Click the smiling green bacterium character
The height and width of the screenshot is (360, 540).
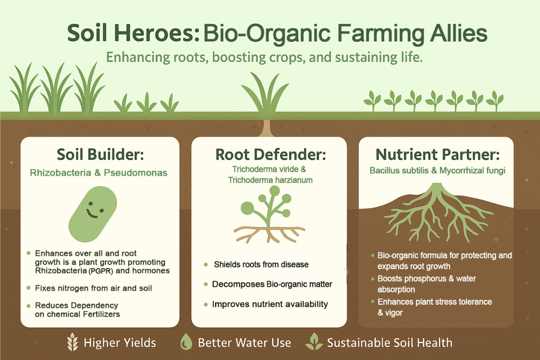(93, 214)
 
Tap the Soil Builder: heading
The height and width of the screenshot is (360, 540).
(100, 154)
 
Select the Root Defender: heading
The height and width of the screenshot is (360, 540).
(270, 154)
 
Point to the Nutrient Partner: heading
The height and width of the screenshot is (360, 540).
(437, 154)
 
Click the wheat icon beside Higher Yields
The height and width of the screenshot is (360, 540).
(72, 342)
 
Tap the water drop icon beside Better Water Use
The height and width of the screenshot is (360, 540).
(186, 342)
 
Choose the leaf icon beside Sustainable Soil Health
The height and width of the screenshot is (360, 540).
(314, 342)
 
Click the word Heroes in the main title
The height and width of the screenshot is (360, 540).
(157, 33)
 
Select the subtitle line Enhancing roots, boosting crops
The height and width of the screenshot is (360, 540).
(264, 58)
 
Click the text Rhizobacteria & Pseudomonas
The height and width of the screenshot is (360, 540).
(99, 173)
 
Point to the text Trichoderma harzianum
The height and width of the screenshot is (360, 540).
(270, 180)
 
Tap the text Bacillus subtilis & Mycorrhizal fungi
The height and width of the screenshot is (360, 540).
(437, 171)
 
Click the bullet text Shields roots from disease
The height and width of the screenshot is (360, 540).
(261, 265)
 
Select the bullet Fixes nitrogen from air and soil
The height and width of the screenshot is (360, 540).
(93, 288)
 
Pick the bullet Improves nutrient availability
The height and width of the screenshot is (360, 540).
(270, 304)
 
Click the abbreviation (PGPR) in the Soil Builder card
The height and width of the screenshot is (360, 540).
(100, 271)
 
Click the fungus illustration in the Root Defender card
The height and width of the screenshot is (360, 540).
(269, 215)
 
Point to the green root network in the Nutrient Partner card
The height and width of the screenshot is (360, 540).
(438, 213)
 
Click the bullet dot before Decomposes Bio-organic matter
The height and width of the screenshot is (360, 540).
(206, 284)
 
